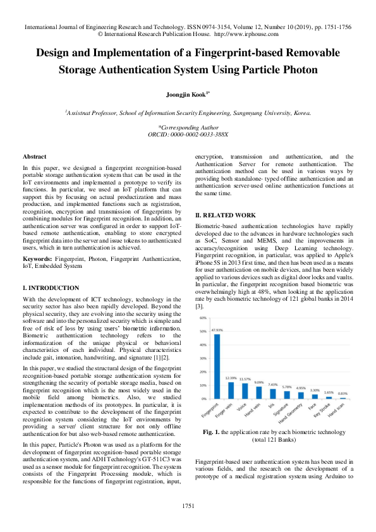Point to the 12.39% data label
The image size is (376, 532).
coord(231,378)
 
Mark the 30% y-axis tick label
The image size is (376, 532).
coord(203,358)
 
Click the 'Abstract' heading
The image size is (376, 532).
coord(34,156)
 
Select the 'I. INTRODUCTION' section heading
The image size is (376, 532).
coord(51,287)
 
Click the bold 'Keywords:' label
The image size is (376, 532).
coord(37,259)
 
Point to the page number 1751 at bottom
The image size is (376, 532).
coord(188,506)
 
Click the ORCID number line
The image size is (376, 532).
coord(188,135)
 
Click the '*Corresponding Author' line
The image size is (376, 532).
coord(188,127)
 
